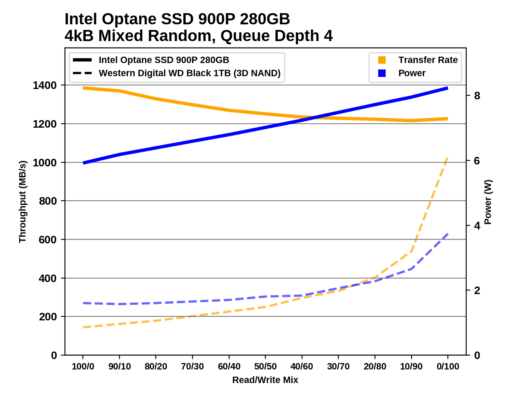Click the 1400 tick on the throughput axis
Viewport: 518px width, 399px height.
[45, 85]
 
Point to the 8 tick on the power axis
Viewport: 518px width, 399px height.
[477, 96]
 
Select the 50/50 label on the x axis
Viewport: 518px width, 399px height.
[265, 366]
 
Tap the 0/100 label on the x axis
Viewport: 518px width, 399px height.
[448, 366]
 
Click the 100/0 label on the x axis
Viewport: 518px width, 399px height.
[83, 366]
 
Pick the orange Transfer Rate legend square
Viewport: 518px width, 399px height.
[382, 60]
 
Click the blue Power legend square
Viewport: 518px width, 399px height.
[382, 73]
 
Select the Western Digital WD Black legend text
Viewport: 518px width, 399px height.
[190, 73]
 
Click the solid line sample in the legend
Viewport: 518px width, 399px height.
[82, 60]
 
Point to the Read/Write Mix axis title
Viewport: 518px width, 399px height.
[265, 380]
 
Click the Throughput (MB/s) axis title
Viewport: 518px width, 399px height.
[22, 201]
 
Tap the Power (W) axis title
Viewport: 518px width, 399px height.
[488, 201]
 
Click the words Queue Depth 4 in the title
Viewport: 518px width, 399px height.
[276, 36]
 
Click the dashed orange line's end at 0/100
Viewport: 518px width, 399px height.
[448, 158]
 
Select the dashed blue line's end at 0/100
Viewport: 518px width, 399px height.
[448, 234]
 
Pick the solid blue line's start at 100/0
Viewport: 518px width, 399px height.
[84, 163]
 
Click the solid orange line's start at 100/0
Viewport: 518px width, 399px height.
[84, 88]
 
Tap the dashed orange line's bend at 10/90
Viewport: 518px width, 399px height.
[411, 251]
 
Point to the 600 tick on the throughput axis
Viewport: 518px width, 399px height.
[48, 239]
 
